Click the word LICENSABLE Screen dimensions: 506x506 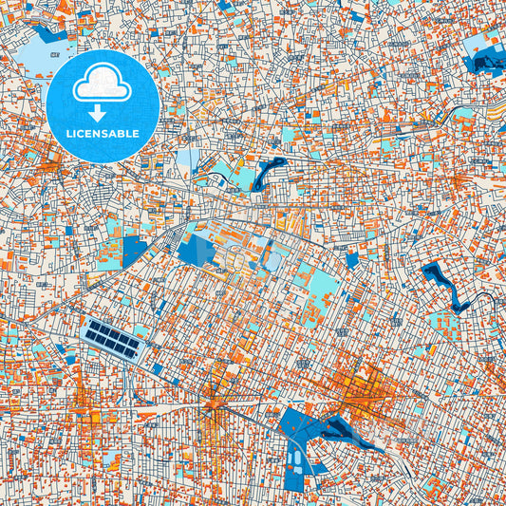102,134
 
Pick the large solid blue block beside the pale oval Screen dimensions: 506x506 197,250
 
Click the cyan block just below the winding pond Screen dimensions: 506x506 442,323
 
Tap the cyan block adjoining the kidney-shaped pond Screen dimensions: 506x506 242,177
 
